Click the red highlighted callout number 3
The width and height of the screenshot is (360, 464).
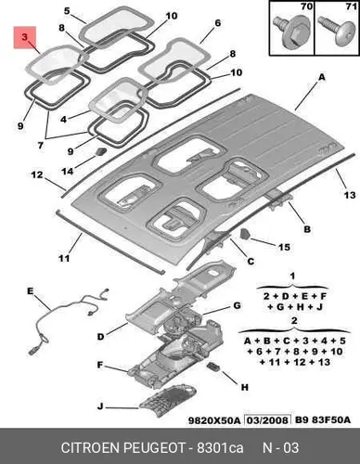click(25, 37)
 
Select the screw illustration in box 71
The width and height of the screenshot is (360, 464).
click(337, 32)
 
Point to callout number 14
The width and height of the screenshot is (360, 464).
click(68, 171)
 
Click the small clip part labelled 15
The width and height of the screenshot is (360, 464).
click(244, 234)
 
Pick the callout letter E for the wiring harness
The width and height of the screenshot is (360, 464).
click(30, 291)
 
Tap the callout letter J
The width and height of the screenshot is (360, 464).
click(100, 406)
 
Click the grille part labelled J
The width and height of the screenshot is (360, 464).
click(168, 400)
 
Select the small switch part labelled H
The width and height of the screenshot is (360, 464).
click(213, 366)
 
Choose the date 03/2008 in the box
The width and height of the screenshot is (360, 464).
click(267, 419)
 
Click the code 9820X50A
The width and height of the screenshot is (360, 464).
click(214, 420)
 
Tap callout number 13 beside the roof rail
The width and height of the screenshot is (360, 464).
click(350, 195)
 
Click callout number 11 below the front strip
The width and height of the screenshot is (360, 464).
click(64, 258)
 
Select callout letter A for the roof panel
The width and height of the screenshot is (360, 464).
click(322, 77)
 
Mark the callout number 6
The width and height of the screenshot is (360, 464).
click(218, 23)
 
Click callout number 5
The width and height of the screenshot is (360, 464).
click(67, 11)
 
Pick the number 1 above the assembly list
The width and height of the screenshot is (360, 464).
click(292, 276)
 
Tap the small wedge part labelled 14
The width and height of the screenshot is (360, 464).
click(101, 151)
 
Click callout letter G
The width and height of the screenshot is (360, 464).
click(237, 305)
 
